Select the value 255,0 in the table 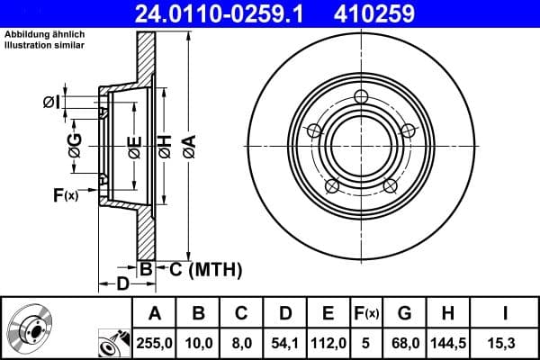(155, 342)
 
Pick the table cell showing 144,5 (447, 342)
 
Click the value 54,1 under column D (285, 342)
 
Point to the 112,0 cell (328, 342)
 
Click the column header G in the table (404, 313)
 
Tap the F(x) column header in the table (365, 313)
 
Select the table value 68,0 (404, 342)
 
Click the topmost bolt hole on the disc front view (362, 97)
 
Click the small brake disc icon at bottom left (28, 330)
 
